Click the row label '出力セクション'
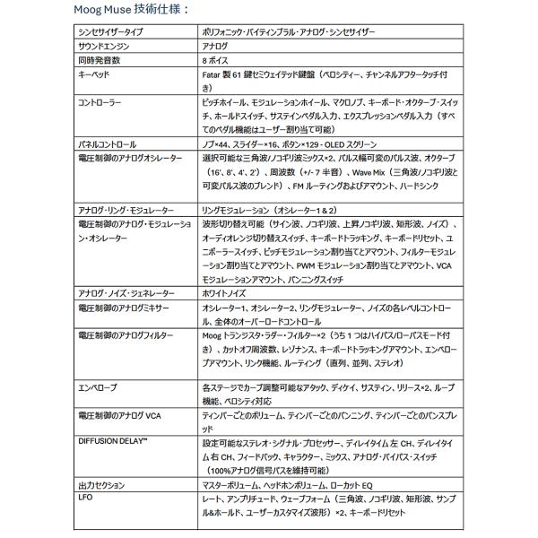101,485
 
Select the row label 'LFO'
87,496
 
